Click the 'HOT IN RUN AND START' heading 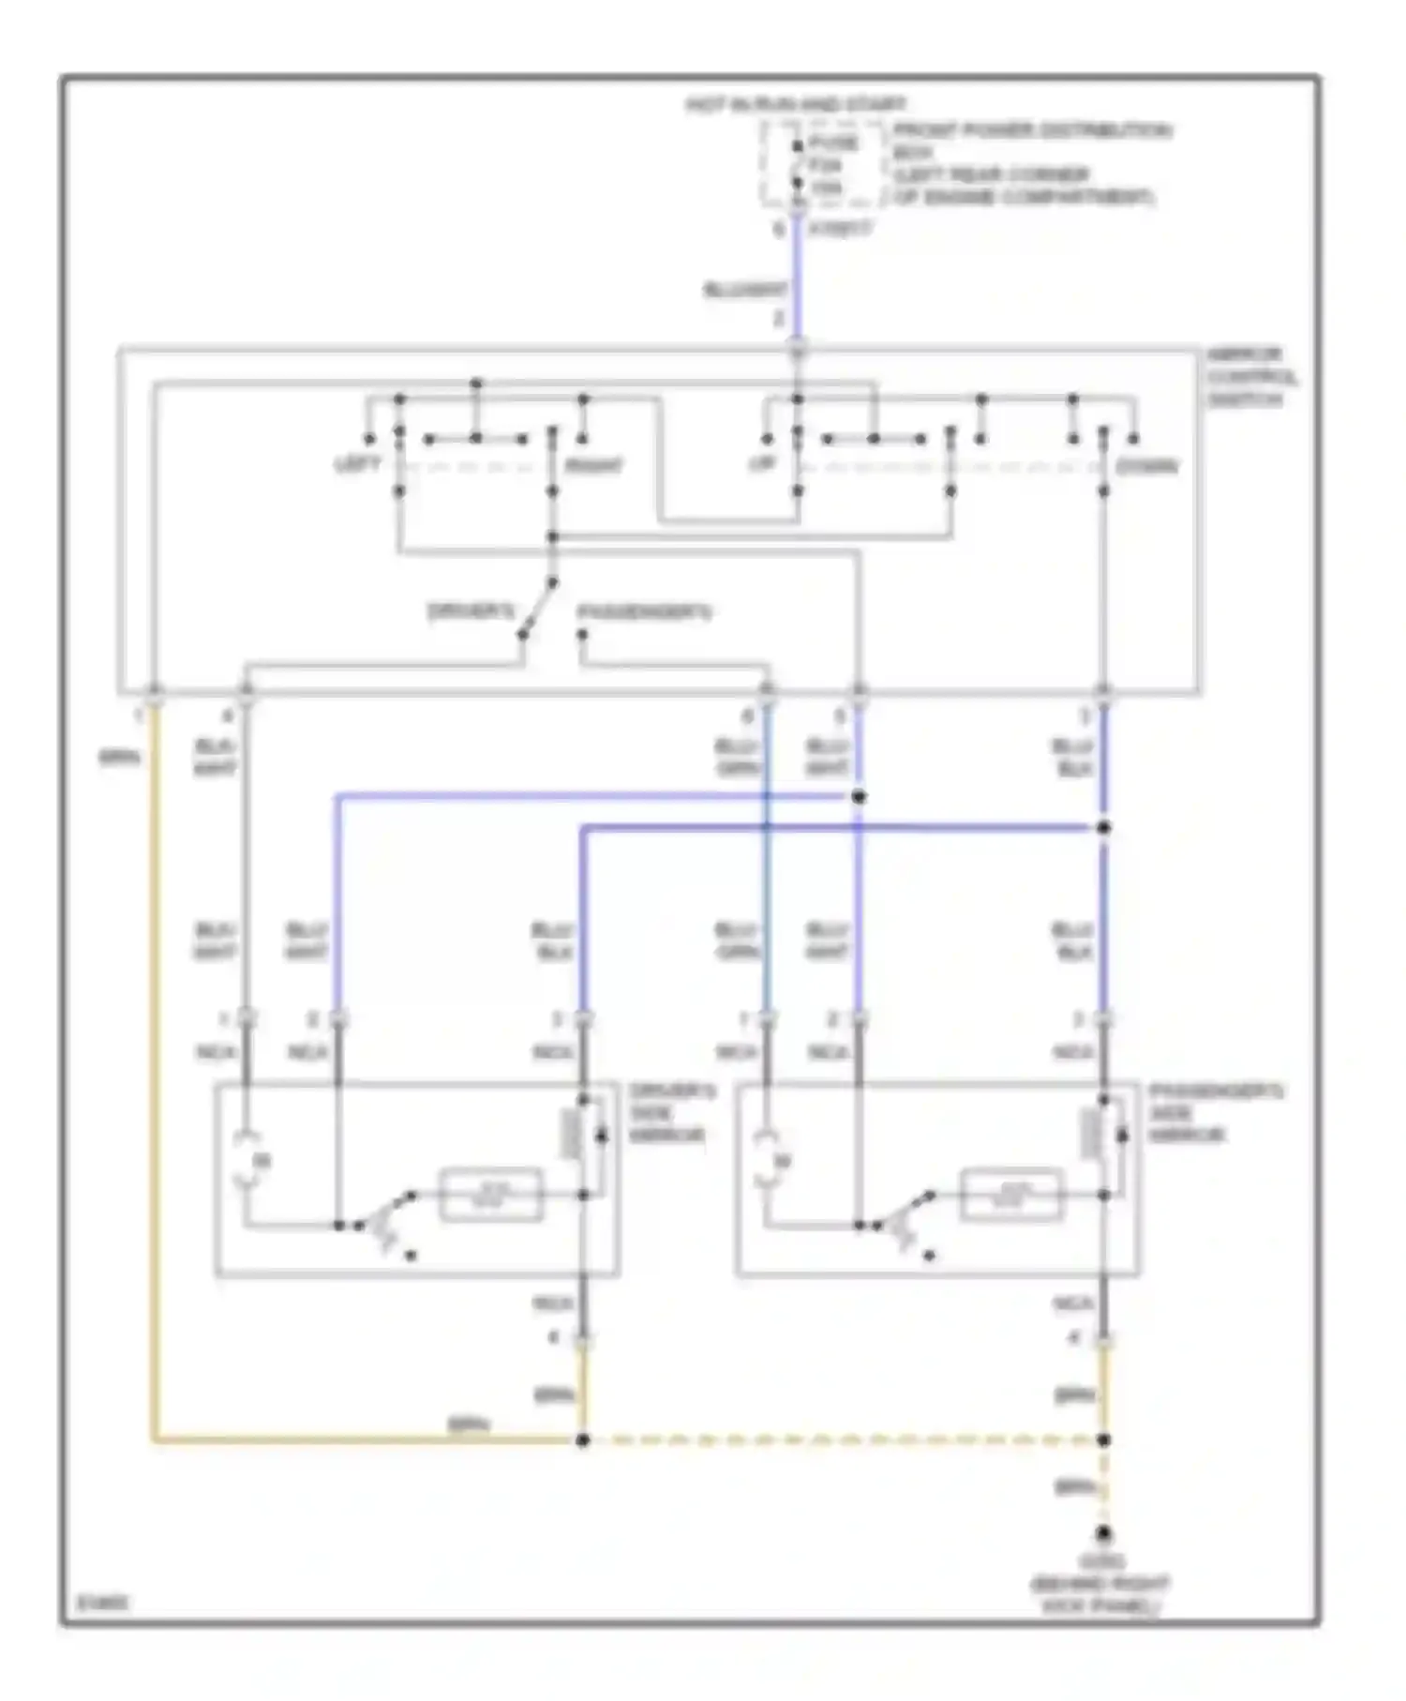pyautogui.click(x=796, y=104)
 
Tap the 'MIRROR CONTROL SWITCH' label pyautogui.click(x=1250, y=377)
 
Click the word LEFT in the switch pyautogui.click(x=358, y=465)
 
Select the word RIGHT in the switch pyautogui.click(x=593, y=466)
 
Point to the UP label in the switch pyautogui.click(x=762, y=464)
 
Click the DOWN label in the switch pyautogui.click(x=1146, y=466)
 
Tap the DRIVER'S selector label pyautogui.click(x=471, y=612)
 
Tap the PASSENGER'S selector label pyautogui.click(x=645, y=612)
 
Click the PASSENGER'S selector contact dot pyautogui.click(x=581, y=635)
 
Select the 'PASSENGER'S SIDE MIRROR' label pyautogui.click(x=1215, y=1113)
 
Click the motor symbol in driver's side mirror pyautogui.click(x=248, y=1161)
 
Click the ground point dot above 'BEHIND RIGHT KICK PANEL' pyautogui.click(x=1104, y=1535)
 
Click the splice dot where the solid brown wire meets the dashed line pyautogui.click(x=582, y=1439)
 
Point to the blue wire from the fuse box pyautogui.click(x=797, y=281)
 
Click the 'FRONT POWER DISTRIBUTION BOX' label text pyautogui.click(x=1031, y=141)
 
